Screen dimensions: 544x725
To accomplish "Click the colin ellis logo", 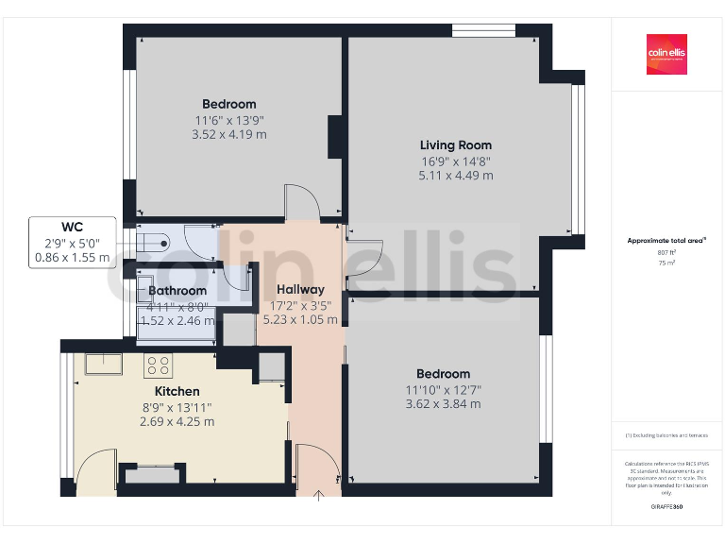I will [666, 55].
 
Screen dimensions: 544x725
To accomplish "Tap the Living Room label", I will [456, 145].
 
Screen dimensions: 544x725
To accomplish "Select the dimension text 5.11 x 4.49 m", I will [456, 176].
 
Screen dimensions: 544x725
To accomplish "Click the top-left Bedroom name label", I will [228, 104].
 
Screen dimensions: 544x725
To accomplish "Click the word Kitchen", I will [177, 391].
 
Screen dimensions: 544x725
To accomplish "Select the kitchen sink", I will [99, 363].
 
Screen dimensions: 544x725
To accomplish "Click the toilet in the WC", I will [151, 242].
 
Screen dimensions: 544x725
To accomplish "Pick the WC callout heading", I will [73, 227].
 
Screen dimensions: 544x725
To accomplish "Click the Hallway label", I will [300, 290].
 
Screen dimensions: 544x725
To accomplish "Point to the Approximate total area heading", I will [666, 241].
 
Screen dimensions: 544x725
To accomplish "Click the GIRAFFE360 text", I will [666, 507].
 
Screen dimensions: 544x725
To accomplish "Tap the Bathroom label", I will [177, 291].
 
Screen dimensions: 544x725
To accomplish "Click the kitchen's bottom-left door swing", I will [94, 467].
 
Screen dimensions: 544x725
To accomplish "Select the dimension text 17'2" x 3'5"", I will [300, 305].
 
